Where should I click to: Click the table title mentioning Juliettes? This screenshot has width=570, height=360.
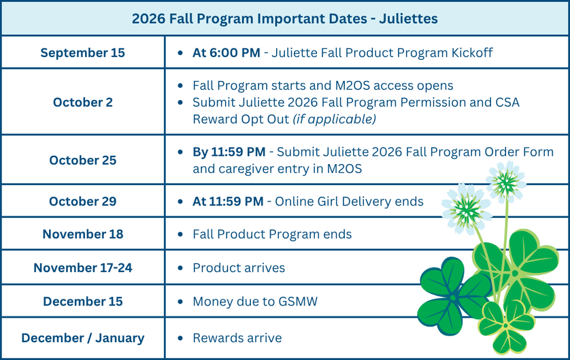(x=284, y=18)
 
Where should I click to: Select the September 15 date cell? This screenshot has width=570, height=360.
(x=82, y=52)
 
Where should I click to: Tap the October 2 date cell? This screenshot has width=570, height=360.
(x=82, y=102)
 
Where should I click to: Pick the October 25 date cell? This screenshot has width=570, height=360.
(x=82, y=160)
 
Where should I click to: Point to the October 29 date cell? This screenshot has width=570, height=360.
(x=82, y=201)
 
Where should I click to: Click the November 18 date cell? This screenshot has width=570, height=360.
(x=82, y=234)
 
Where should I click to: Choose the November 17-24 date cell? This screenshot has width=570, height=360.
(x=82, y=267)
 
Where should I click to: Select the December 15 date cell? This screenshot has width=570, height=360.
(x=82, y=301)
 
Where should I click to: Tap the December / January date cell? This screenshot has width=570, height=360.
(x=82, y=338)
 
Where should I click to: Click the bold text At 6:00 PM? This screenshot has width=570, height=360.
(x=226, y=52)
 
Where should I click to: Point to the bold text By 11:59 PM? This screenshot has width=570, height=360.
(x=229, y=152)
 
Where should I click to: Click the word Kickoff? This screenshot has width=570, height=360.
(x=472, y=52)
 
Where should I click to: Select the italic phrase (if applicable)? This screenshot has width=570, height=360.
(x=335, y=119)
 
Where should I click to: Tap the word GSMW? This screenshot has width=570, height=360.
(x=298, y=301)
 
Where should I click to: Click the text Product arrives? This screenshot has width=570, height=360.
(x=239, y=267)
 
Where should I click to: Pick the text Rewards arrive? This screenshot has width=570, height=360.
(x=237, y=338)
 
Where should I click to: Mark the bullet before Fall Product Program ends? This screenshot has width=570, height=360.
(x=180, y=234)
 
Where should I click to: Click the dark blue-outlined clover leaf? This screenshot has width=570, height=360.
(x=454, y=297)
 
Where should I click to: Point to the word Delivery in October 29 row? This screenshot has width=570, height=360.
(x=367, y=201)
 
